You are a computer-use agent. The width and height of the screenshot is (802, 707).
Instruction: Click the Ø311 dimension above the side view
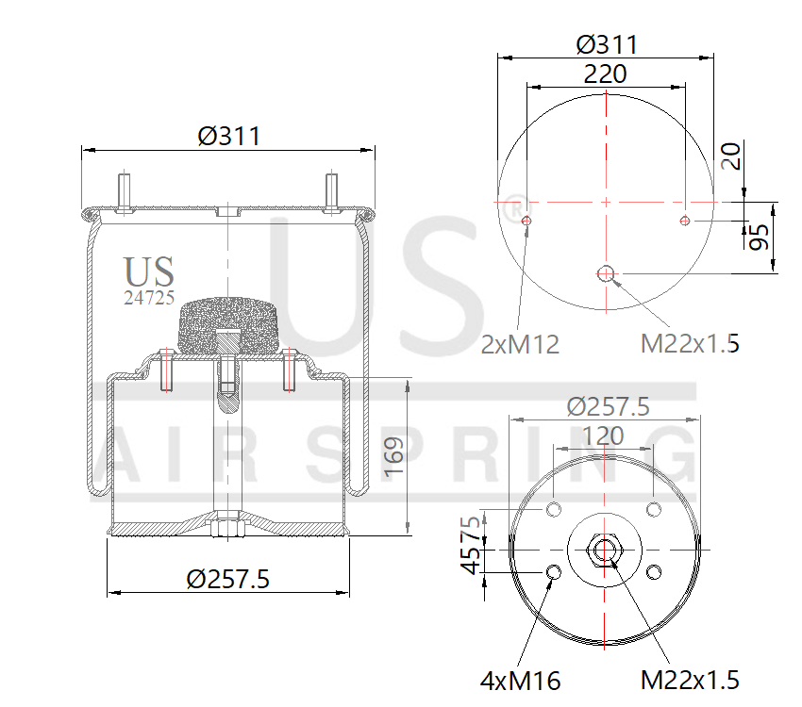[229, 136]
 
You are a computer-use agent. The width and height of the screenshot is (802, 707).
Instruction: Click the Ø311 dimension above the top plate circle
[606, 44]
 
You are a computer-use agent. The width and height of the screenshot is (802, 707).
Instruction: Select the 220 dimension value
[605, 74]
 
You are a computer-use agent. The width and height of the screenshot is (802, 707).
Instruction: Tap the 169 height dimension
[394, 455]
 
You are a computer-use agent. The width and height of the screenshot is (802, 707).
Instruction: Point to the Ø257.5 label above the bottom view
[608, 407]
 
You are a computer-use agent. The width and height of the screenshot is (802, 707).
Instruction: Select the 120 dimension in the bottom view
[603, 436]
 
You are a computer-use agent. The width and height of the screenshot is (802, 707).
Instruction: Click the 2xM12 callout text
[520, 345]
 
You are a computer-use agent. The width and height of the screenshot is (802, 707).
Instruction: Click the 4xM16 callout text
[520, 679]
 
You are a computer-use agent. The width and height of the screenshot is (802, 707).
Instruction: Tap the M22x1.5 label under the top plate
[690, 345]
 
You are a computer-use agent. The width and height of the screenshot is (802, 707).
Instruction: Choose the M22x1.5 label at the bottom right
[690, 679]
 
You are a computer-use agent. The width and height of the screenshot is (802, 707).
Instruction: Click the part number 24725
[149, 298]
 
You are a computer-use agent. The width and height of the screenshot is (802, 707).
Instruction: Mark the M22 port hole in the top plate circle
[606, 274]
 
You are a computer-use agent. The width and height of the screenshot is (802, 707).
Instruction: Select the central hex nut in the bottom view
[604, 550]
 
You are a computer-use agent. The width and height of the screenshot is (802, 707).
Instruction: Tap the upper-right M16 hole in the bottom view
[653, 510]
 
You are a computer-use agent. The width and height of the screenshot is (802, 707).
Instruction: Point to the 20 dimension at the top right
[728, 156]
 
